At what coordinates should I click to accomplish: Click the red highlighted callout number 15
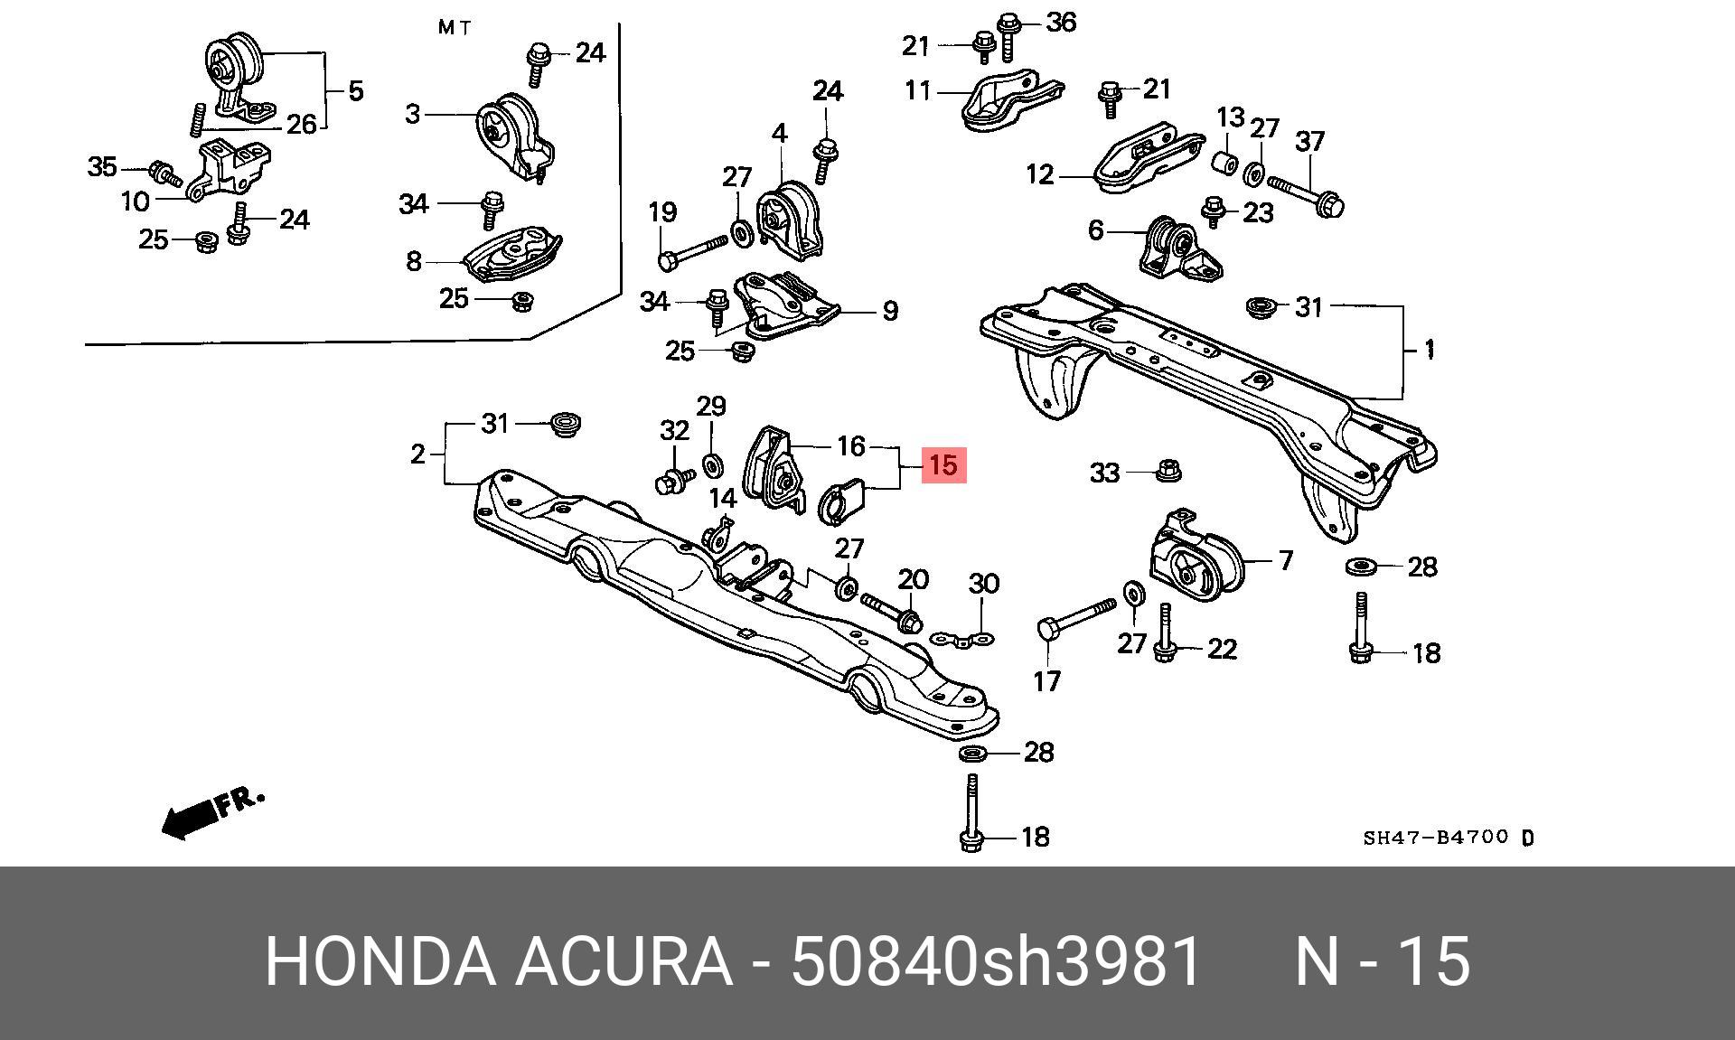click(943, 465)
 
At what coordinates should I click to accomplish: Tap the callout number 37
click(1309, 141)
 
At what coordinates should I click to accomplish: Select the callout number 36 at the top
click(1061, 22)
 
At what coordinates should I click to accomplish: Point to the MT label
click(455, 27)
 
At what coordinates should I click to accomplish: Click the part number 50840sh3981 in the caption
click(996, 961)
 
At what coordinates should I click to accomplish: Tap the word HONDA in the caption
click(380, 961)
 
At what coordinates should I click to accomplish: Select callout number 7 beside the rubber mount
click(1286, 561)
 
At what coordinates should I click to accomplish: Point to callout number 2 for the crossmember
click(417, 454)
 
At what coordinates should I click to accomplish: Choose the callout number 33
click(1104, 473)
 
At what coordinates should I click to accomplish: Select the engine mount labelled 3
click(514, 135)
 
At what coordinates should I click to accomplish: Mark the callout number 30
click(984, 584)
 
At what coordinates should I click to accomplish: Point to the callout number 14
click(723, 498)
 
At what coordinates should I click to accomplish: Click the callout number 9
click(890, 311)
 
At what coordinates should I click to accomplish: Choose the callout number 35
click(102, 166)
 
